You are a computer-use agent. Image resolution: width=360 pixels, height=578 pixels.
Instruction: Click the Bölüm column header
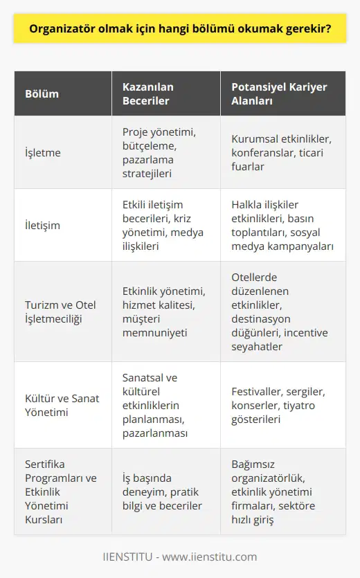(x=42, y=93)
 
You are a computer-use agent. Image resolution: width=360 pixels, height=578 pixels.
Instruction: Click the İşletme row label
(x=43, y=152)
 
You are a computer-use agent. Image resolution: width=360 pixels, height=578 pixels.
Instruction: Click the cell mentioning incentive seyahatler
(x=285, y=311)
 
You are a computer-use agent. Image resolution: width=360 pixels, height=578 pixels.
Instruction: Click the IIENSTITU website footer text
(x=180, y=557)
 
